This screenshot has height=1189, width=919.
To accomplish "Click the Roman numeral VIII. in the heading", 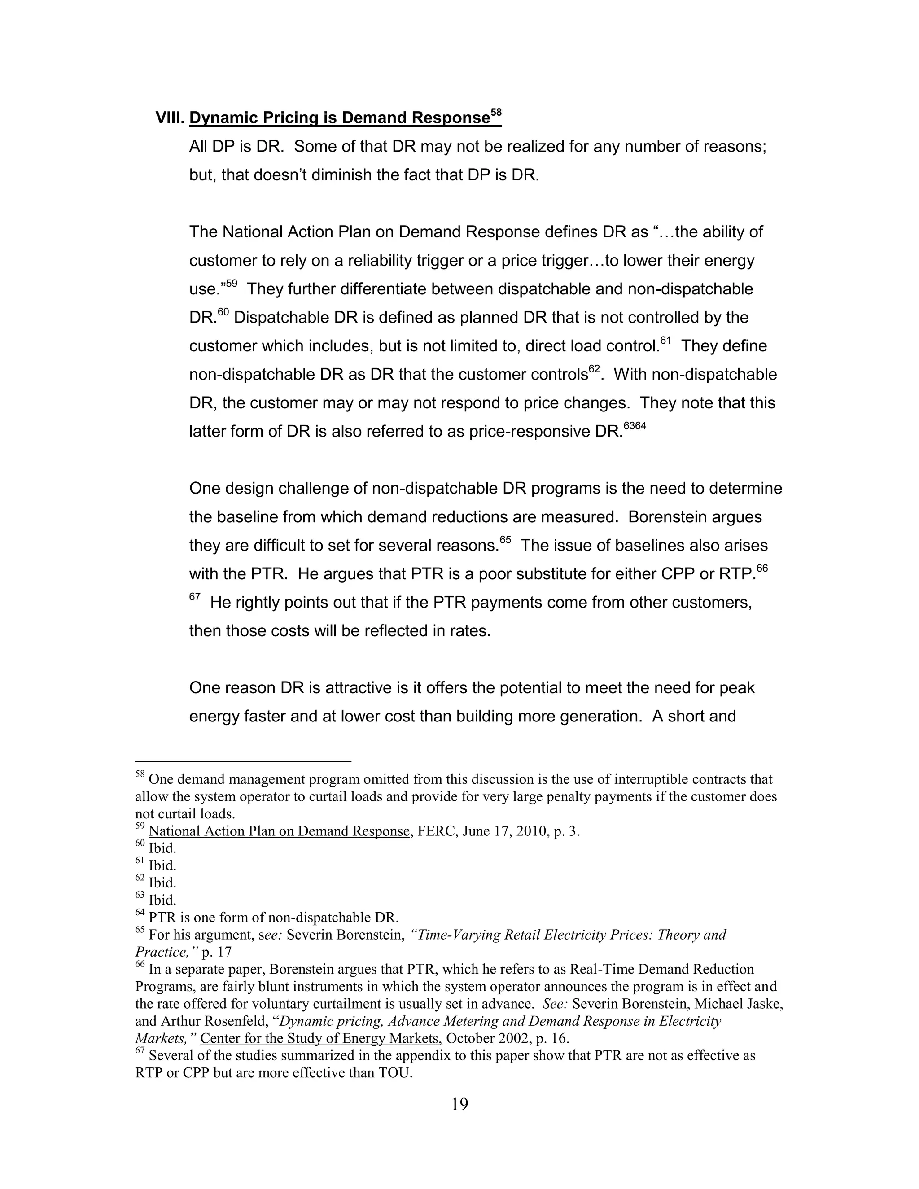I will tap(171, 118).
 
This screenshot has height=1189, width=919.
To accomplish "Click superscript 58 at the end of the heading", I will tap(495, 113).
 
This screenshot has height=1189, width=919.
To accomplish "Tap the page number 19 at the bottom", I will tap(459, 1104).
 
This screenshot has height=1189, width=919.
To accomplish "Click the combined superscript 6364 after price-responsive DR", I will tap(635, 426).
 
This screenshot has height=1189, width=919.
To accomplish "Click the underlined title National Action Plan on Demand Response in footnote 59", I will tap(279, 831).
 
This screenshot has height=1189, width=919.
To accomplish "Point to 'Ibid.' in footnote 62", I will tap(162, 883).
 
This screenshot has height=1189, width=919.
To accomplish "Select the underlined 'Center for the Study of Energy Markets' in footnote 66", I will tap(321, 1038).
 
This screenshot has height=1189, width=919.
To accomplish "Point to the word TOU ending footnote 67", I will tap(395, 1073).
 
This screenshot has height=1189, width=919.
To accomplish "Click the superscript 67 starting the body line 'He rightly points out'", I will tap(195, 597).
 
